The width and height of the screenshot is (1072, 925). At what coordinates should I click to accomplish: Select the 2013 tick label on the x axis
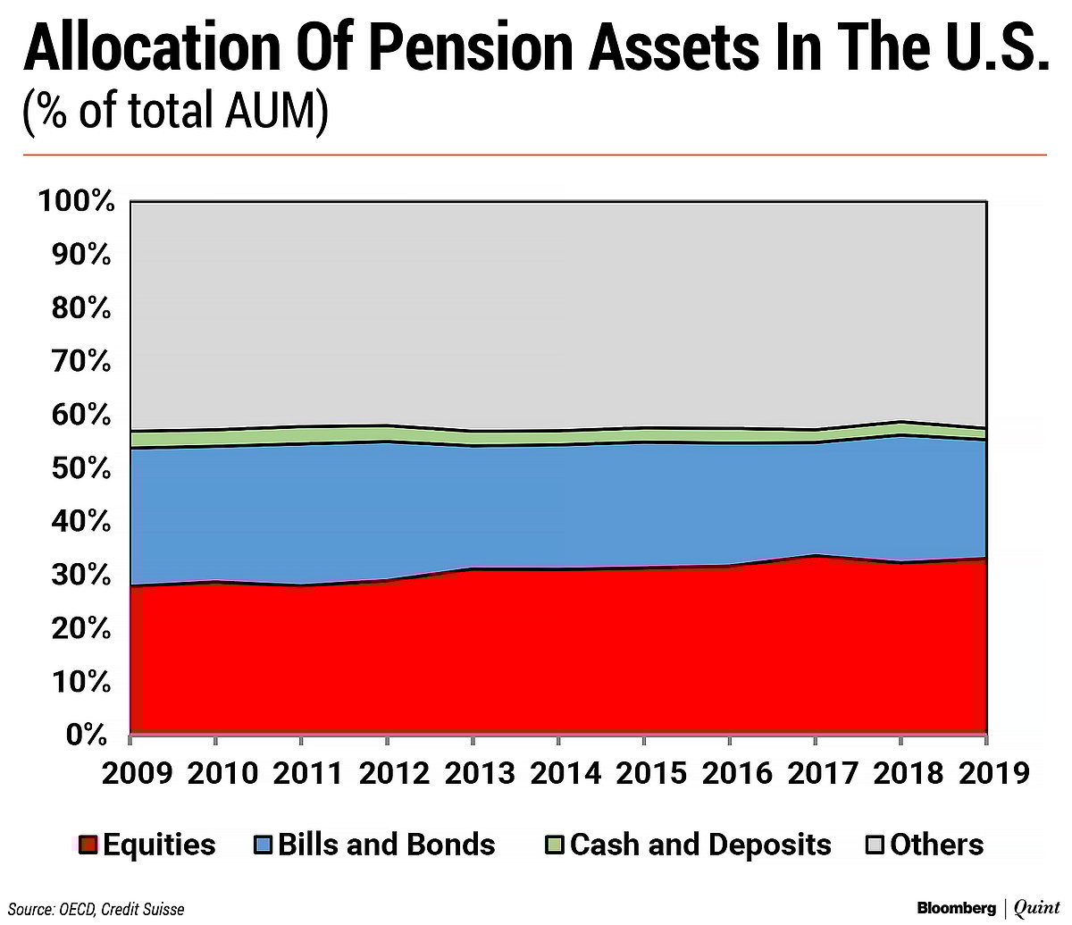pyautogui.click(x=473, y=773)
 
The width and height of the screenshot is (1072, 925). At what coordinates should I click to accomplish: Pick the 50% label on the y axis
pyautogui.click(x=84, y=469)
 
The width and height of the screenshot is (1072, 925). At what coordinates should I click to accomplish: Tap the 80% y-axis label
pyautogui.click(x=84, y=309)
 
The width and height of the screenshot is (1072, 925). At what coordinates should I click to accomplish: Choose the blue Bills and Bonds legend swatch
pyautogui.click(x=264, y=845)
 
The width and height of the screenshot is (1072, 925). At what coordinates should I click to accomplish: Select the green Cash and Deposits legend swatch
pyautogui.click(x=555, y=845)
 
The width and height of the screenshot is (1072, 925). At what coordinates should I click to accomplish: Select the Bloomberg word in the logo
pyautogui.click(x=957, y=908)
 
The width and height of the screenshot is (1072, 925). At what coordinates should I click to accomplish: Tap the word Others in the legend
pyautogui.click(x=937, y=845)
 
